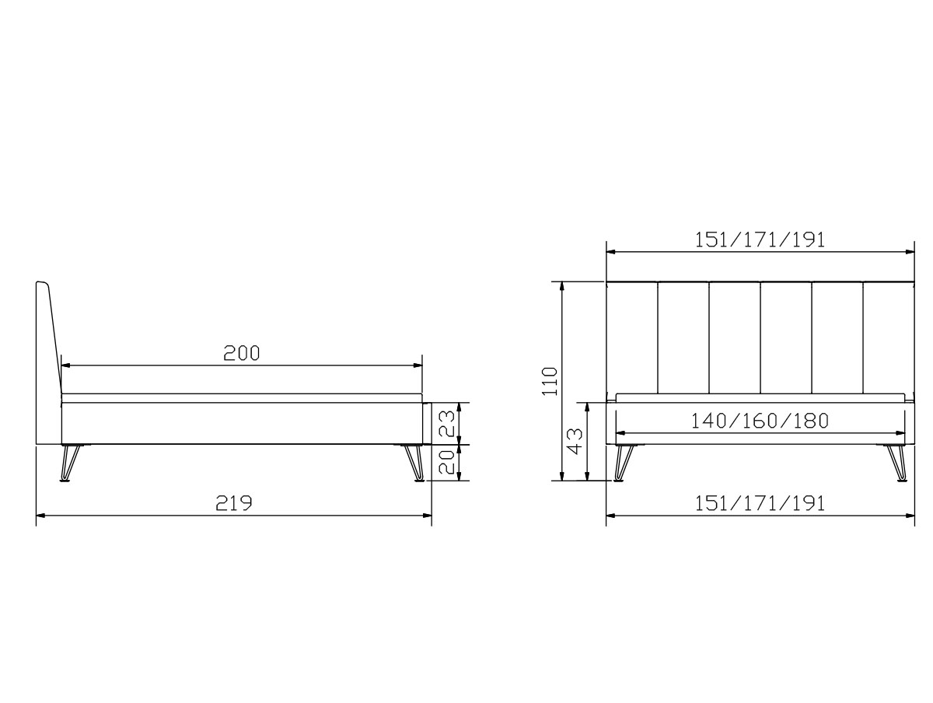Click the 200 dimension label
click(242, 353)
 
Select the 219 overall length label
click(234, 503)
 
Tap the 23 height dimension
click(446, 423)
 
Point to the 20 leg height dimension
click(446, 462)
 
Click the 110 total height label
click(549, 381)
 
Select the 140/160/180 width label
click(760, 421)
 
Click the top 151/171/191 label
click(760, 240)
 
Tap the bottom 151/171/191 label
click(760, 504)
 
